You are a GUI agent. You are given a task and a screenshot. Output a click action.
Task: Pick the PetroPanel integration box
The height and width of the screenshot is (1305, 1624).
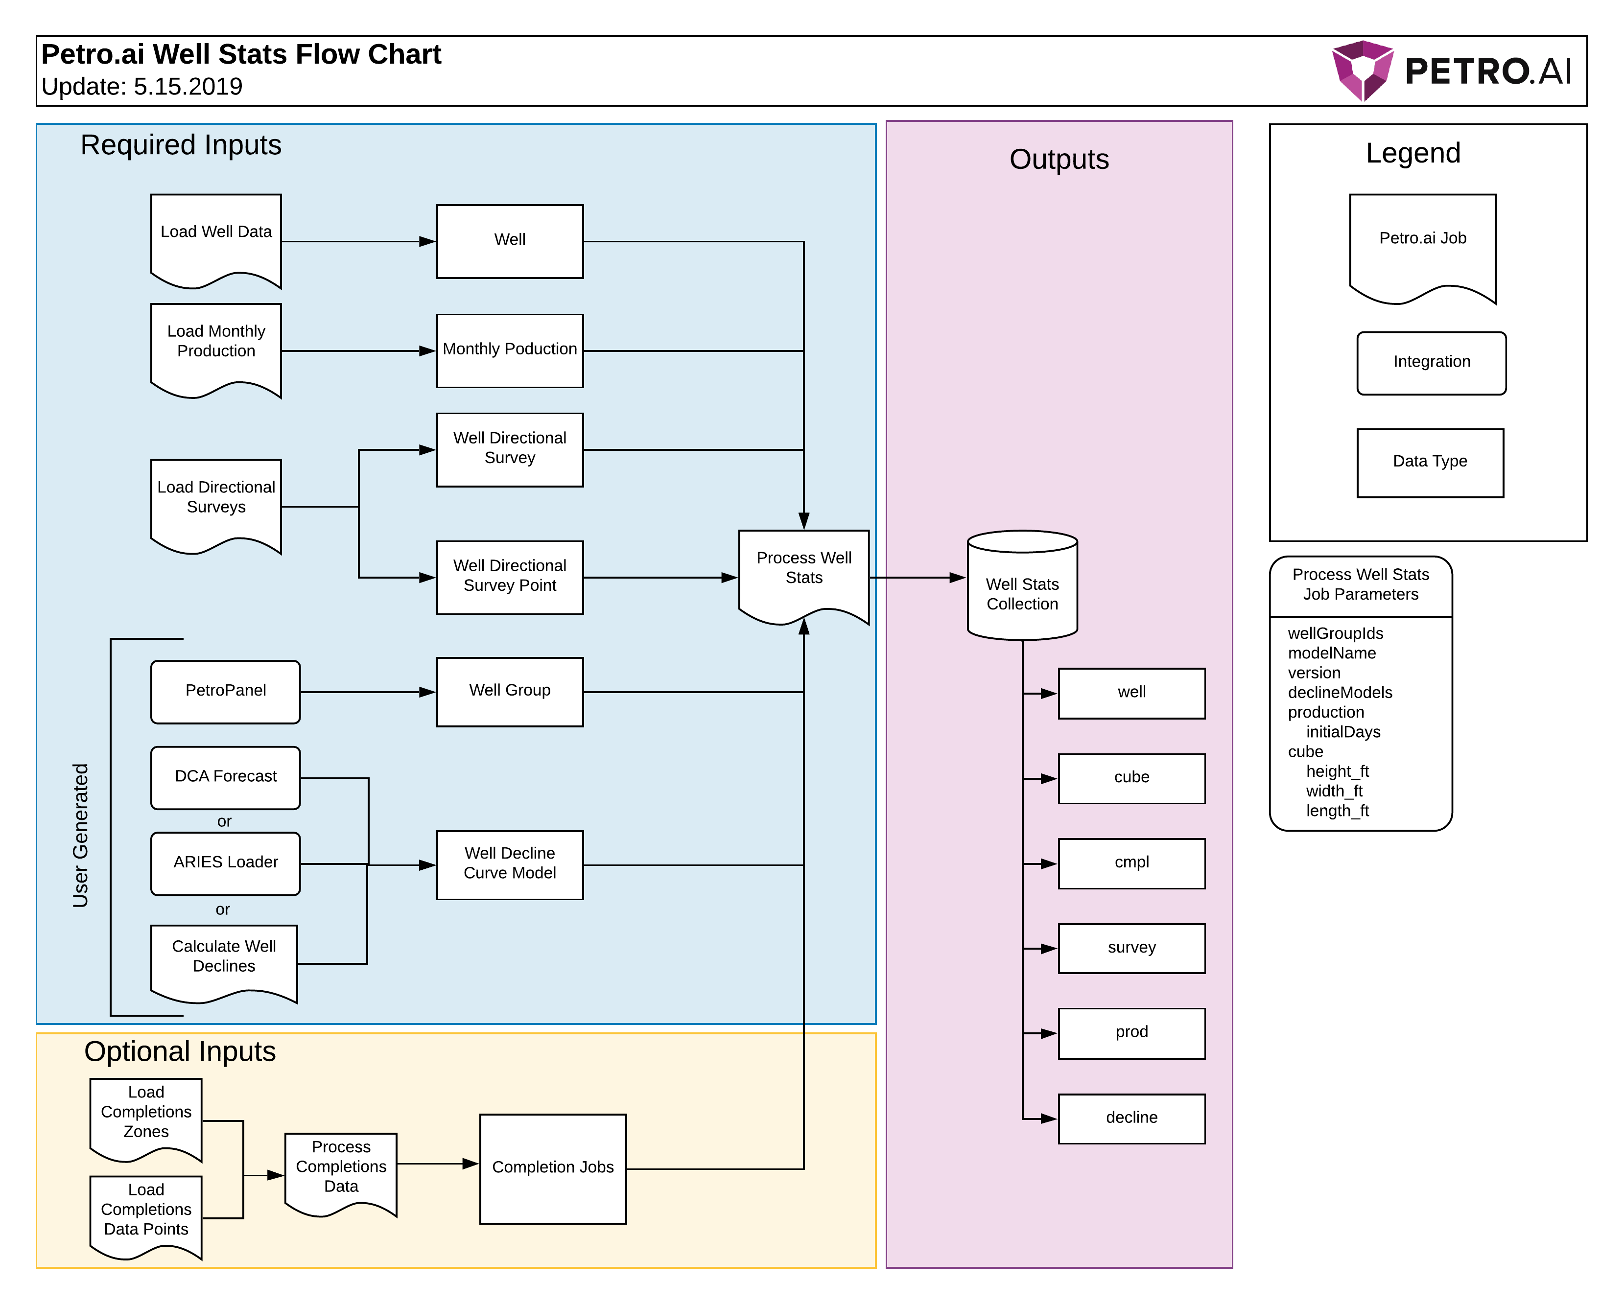coord(225,691)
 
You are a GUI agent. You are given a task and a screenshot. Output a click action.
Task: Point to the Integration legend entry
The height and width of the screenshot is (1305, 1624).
coord(1431,362)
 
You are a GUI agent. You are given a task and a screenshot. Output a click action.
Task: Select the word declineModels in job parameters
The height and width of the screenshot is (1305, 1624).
coord(1339,692)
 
